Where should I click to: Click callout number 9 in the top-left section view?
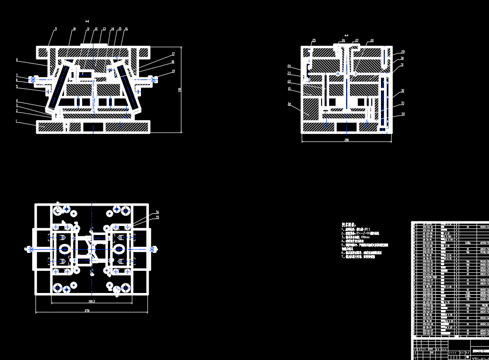point(56,29)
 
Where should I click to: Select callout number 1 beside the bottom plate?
point(17,121)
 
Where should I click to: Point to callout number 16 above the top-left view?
point(126,29)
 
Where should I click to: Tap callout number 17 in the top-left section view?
point(173,54)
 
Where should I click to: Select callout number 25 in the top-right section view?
point(314,41)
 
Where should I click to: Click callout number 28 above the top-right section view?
point(372,41)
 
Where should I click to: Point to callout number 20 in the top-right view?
point(290,103)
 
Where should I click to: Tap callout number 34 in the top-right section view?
point(403,114)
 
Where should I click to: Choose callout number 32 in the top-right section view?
point(402,91)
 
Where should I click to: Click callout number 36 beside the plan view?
point(157,212)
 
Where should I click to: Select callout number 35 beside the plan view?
point(157,218)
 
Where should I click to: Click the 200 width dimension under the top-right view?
point(347,140)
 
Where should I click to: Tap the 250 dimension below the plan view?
point(87,310)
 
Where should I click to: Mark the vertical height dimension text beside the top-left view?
point(180,90)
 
